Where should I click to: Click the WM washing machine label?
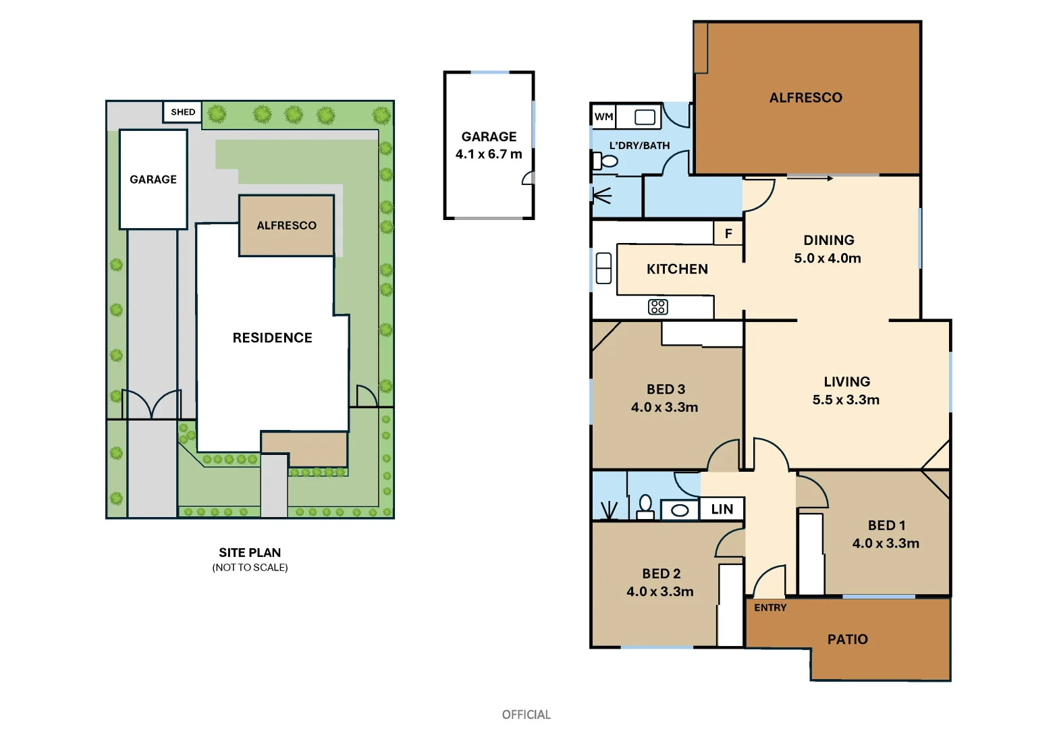click(x=603, y=117)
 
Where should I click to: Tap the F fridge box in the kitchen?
click(x=728, y=234)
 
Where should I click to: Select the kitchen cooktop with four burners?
click(x=657, y=307)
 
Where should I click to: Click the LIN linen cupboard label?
click(x=722, y=510)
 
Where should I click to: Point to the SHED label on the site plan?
click(x=183, y=112)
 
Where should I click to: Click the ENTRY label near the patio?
click(x=770, y=607)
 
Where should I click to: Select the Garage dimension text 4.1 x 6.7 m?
click(x=489, y=154)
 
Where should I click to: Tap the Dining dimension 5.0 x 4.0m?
click(x=828, y=258)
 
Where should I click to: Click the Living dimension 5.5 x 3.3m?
click(x=846, y=400)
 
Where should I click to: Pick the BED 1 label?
click(x=886, y=525)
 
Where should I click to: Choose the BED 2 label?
click(x=661, y=574)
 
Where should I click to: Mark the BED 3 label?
click(x=666, y=389)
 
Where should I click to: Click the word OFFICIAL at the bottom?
click(x=526, y=714)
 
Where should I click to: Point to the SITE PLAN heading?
click(x=250, y=552)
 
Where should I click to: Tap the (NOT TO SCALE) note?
click(x=250, y=568)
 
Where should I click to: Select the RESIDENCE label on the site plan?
click(x=272, y=337)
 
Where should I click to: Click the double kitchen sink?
click(x=603, y=268)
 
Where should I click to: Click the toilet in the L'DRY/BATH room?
click(x=605, y=161)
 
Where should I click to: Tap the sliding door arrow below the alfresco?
click(x=810, y=178)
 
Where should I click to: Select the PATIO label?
click(x=847, y=639)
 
